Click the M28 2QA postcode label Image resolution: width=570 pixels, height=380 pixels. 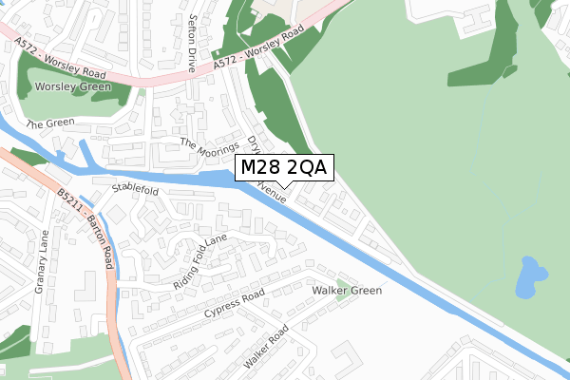(283, 168)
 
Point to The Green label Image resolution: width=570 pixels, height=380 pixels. (49, 124)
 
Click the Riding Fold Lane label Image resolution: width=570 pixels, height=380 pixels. (200, 261)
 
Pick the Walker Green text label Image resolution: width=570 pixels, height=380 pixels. (347, 291)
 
